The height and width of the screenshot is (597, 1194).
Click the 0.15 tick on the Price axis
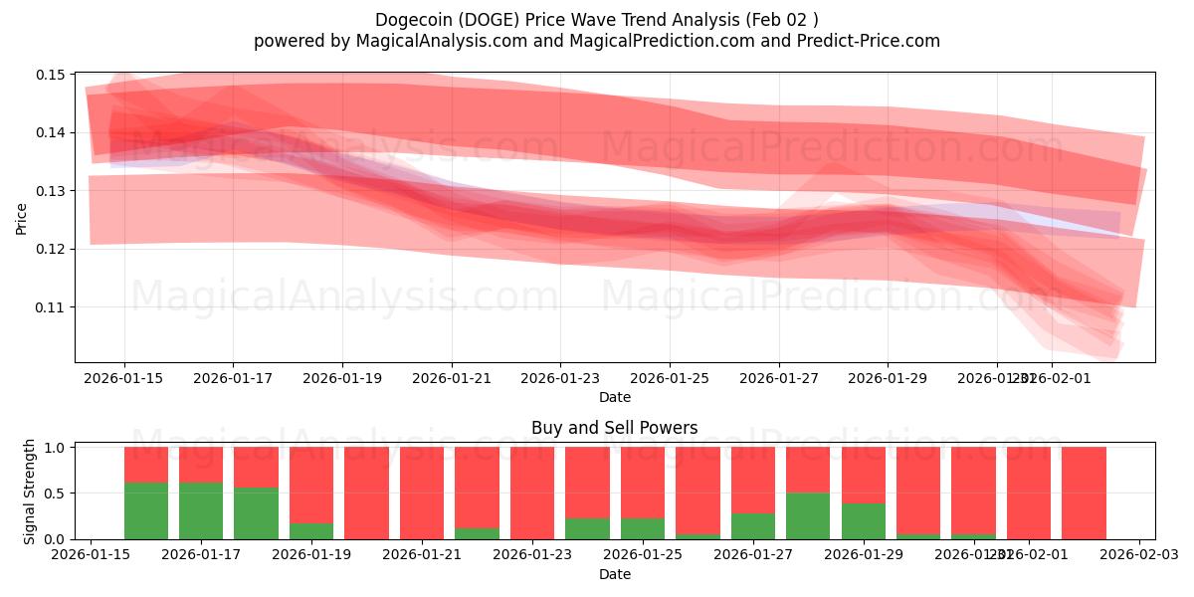click(51, 75)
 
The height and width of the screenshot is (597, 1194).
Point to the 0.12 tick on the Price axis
click(51, 249)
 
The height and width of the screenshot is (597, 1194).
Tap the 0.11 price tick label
click(51, 306)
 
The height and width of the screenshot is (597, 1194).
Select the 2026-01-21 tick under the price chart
click(451, 378)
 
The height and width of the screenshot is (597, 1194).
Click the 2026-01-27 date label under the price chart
click(778, 378)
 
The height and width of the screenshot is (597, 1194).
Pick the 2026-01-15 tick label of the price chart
click(124, 378)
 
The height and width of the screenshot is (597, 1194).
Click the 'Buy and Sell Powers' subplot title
click(614, 428)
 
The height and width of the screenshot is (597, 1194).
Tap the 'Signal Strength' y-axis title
click(30, 492)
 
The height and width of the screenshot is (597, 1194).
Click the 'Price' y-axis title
click(22, 219)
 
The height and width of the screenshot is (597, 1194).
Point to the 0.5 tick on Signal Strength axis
click(54, 494)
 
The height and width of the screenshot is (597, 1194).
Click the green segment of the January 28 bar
click(808, 515)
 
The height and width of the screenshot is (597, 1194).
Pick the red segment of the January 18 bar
click(257, 467)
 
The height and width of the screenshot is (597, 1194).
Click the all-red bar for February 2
click(1084, 493)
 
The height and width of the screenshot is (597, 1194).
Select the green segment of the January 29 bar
click(863, 520)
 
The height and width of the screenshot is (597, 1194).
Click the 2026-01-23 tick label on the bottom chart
click(531, 555)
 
